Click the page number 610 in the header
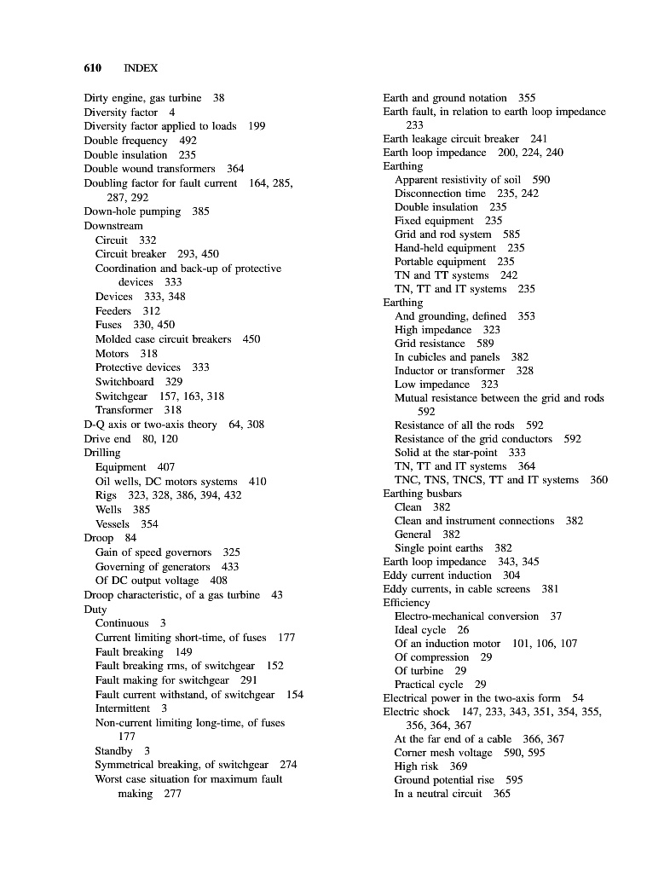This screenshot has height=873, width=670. (x=93, y=67)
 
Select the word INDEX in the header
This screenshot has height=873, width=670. (x=141, y=67)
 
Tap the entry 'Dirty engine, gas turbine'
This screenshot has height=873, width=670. (x=142, y=98)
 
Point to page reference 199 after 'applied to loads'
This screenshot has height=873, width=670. (x=257, y=126)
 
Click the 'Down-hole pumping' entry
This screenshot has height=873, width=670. (x=132, y=211)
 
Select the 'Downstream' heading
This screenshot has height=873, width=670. (x=113, y=226)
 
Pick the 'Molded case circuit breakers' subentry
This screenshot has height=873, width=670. (x=163, y=339)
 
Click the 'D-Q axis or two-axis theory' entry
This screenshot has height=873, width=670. (x=150, y=425)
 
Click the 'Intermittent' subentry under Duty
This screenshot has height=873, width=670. (x=122, y=708)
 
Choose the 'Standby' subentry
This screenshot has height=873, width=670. (x=113, y=751)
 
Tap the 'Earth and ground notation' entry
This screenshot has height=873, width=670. (x=445, y=98)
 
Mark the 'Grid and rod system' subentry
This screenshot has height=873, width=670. (x=442, y=234)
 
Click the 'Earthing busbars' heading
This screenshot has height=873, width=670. (x=423, y=494)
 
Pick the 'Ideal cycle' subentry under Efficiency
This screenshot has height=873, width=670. (x=419, y=630)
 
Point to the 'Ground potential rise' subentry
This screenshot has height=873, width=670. (x=444, y=780)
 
